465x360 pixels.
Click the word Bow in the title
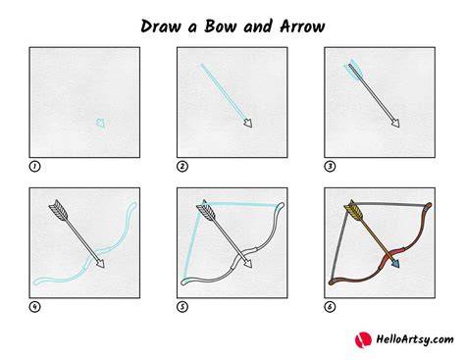(220, 26)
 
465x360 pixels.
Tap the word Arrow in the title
(302, 26)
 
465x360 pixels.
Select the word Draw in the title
(160, 26)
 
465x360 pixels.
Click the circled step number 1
(34, 167)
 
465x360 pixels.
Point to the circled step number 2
(182, 167)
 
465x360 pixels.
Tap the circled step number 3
(330, 167)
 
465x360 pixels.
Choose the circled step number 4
(34, 307)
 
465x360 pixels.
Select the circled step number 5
(182, 307)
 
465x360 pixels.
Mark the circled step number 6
(330, 307)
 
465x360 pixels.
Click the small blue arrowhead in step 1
(101, 123)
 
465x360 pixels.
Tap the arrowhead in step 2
(248, 124)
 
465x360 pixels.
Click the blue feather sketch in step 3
(352, 70)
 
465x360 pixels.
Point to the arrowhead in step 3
(396, 124)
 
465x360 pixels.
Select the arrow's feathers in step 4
(59, 210)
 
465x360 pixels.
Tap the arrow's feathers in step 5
(206, 210)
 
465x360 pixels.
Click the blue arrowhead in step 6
(395, 263)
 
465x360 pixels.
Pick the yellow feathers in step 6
(353, 210)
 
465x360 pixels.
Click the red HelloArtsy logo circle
(363, 339)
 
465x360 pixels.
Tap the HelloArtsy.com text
(415, 339)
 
